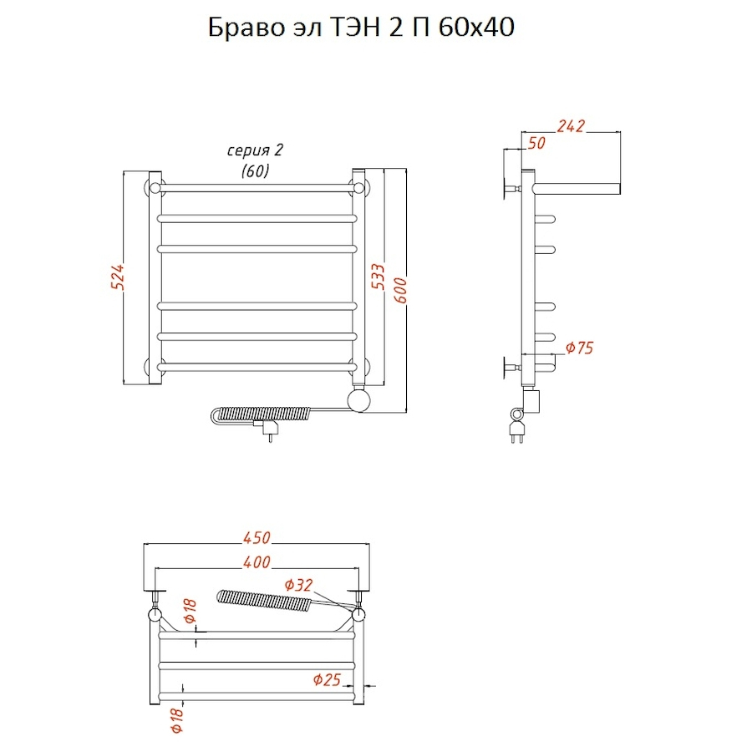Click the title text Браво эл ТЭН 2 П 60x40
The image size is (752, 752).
(x=361, y=28)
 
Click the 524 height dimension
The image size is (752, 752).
(x=117, y=277)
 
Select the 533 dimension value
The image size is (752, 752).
(x=379, y=277)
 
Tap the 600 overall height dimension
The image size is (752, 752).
(x=400, y=290)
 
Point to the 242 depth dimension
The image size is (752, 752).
(x=571, y=125)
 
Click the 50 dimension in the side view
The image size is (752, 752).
(x=536, y=143)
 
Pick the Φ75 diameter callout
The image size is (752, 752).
(x=579, y=348)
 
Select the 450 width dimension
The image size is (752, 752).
(x=257, y=537)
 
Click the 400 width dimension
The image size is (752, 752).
(x=257, y=561)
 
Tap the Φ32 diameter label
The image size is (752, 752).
(x=298, y=585)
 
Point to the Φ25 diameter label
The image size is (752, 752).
(x=327, y=679)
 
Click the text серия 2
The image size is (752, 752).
(x=255, y=150)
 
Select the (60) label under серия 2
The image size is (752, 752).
(x=255, y=170)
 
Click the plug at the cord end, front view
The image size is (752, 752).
(x=267, y=429)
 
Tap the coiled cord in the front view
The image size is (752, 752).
(x=261, y=414)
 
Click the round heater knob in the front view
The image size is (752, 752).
(x=358, y=400)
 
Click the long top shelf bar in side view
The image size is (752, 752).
(x=576, y=189)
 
